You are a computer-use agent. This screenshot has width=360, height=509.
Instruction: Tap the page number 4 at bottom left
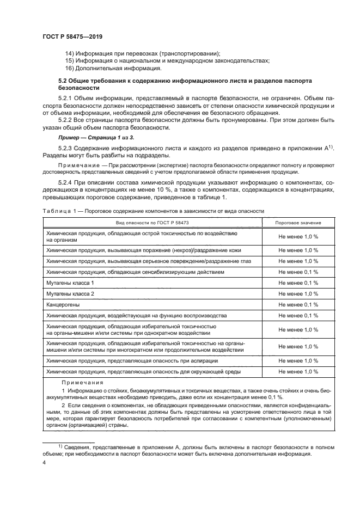tap(44, 462)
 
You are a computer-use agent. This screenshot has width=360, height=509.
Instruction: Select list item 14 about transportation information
tap(142, 53)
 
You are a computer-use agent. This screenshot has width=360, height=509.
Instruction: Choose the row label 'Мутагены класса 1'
tap(70, 283)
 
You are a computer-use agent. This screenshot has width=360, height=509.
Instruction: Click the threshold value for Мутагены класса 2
tap(298, 294)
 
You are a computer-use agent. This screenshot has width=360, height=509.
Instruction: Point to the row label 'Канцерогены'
tap(62, 305)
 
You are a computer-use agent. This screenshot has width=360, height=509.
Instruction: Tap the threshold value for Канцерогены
tap(298, 305)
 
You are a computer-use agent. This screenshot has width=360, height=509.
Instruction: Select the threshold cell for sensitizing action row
tap(298, 272)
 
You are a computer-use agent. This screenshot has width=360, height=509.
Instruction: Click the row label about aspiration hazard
tap(132, 361)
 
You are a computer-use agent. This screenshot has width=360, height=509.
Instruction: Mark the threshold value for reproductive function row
tap(298, 316)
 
